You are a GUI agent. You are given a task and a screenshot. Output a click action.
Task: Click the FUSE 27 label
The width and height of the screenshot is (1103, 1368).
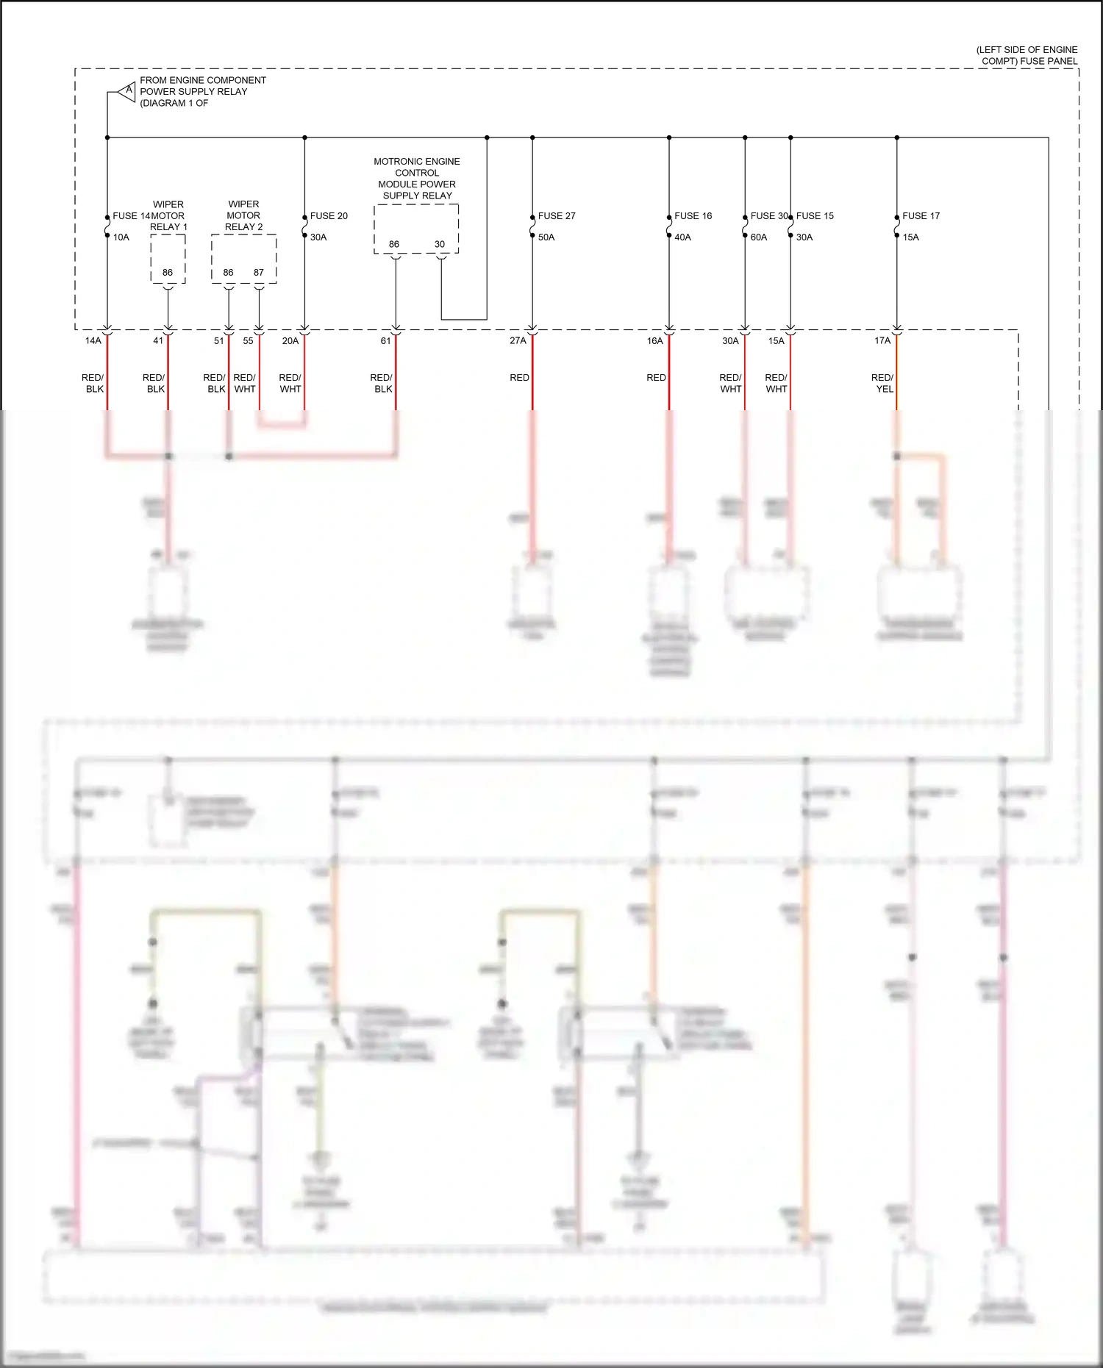[x=557, y=216]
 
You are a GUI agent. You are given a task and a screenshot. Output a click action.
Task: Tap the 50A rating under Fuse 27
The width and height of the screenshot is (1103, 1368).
[x=546, y=237]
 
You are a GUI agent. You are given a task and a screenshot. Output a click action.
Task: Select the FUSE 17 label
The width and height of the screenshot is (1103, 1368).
[x=921, y=216]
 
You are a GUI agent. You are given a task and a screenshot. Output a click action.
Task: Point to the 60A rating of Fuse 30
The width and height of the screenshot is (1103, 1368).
[x=759, y=237]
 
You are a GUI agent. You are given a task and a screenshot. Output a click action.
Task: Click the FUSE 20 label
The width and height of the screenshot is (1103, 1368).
[x=329, y=216]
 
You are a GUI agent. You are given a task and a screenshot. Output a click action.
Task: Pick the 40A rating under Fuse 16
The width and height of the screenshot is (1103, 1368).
[x=682, y=237]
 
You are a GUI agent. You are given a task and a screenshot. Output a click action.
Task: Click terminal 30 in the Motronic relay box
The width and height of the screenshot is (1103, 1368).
[x=440, y=245]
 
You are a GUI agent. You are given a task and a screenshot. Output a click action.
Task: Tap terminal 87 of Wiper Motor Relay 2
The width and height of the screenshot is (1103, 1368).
[x=259, y=273]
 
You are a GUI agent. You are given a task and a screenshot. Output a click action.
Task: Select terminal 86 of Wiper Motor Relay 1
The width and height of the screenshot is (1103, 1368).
[x=168, y=273]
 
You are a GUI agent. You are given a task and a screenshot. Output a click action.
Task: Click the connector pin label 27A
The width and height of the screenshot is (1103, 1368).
[x=518, y=341]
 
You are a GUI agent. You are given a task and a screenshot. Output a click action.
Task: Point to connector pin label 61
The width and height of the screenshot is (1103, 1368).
[x=385, y=341]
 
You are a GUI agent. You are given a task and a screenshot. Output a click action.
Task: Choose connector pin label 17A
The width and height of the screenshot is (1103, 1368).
[x=882, y=341]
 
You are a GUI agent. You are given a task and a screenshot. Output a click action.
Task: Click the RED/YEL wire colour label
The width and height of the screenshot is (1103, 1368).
[x=883, y=384]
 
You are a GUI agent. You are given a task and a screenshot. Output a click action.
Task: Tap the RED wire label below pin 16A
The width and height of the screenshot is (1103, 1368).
[x=656, y=378]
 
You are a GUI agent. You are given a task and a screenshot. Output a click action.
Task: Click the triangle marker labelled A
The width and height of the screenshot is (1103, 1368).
[x=128, y=91]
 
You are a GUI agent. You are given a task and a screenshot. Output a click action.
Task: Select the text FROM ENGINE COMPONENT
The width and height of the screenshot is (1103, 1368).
[x=203, y=80]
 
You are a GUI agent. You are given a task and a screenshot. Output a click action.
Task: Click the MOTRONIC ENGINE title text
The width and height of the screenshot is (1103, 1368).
[x=417, y=162]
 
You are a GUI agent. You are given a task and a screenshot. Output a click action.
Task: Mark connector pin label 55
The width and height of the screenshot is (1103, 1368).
[x=248, y=341]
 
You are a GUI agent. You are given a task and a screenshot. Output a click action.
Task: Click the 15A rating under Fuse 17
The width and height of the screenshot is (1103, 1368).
[x=910, y=237]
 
